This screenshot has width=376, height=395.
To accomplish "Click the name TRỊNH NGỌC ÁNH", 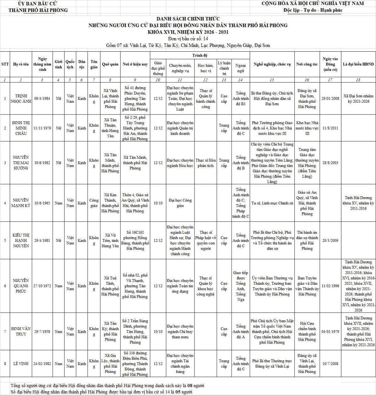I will tap(21, 98).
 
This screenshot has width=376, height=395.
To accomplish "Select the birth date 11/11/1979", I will tap(42, 128).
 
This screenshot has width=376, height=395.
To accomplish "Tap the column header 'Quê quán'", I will tap(110, 65).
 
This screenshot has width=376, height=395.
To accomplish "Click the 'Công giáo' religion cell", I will tap(94, 203).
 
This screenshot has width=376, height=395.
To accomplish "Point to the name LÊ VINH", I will tap(21, 364).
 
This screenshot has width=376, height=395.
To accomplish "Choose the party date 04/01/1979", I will tap(330, 331).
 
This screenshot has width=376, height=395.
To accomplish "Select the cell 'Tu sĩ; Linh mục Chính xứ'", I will tap(272, 203).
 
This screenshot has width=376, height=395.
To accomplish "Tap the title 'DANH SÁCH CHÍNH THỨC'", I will tap(188, 19).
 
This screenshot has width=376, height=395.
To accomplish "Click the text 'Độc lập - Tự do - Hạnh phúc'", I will tap(313, 10).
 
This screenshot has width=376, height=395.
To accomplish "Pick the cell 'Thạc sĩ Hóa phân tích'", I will tap(206, 163).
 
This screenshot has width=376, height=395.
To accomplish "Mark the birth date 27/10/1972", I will tap(42, 286).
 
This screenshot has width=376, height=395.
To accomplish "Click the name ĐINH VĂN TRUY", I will tap(21, 331).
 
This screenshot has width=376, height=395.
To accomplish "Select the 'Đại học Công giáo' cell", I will tap(180, 203).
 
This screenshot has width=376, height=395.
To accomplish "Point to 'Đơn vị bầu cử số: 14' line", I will tap(188, 39).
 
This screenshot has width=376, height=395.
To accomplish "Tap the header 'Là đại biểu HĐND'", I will tap(358, 65).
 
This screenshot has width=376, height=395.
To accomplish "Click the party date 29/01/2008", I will tap(330, 98).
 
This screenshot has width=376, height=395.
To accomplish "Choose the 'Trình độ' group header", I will tap(200, 55).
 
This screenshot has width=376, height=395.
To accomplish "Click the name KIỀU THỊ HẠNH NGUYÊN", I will tap(21, 241).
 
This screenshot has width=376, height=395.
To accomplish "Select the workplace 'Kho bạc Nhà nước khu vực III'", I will tap(307, 128).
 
